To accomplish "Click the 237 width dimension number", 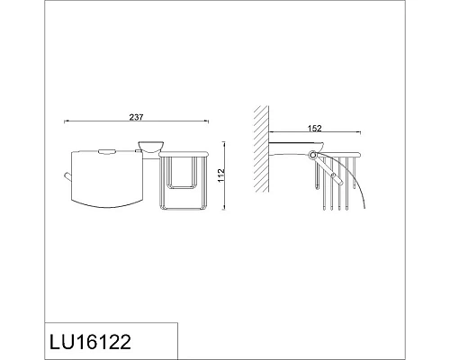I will point(137,116).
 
